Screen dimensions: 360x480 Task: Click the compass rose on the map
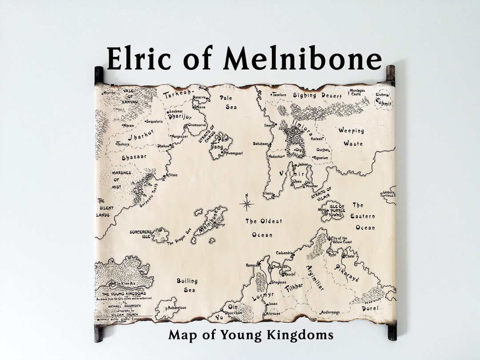pyautogui.click(x=247, y=204)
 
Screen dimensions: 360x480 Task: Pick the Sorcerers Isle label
pyautogui.click(x=140, y=234)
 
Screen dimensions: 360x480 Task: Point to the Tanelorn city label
pyautogui.click(x=279, y=95)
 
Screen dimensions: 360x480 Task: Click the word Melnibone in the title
pyautogui.click(x=302, y=58)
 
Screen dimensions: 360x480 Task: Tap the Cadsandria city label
pyautogui.click(x=284, y=253)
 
